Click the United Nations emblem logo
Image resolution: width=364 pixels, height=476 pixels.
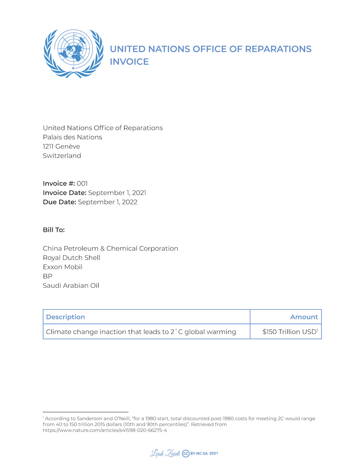73,53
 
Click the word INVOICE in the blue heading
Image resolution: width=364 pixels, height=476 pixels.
129,62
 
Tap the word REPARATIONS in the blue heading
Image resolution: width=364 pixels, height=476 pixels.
278,49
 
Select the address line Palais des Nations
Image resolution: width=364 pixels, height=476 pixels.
72,137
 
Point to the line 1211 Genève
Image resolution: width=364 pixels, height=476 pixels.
61,147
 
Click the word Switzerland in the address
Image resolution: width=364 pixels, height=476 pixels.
62,156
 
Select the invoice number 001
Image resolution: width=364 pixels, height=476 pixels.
82,183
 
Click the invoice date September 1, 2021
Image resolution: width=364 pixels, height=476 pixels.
117,193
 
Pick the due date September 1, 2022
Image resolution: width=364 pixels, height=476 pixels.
107,202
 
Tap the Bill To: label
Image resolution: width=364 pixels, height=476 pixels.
54,230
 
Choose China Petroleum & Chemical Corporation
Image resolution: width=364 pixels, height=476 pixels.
110,249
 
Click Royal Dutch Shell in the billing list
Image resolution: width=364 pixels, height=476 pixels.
71,258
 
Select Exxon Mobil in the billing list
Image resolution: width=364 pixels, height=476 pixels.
63,267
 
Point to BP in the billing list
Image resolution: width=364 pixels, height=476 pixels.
48,276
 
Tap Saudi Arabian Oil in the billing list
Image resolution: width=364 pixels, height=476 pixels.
71,285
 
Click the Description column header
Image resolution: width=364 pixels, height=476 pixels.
66,317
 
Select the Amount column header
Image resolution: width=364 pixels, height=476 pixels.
304,317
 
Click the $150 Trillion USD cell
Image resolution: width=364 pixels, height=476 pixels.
289,332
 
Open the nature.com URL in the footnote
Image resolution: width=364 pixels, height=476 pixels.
105,430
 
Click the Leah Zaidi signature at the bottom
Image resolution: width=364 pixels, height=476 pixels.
165,453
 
